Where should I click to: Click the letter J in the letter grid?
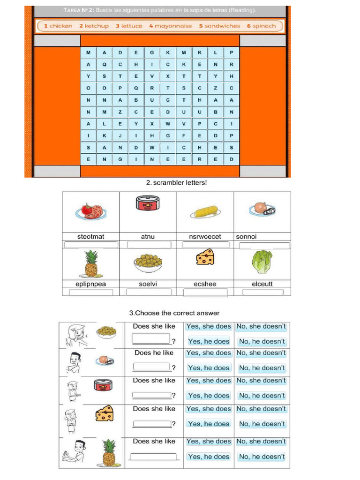tap(120, 135)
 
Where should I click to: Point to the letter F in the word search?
tap(184, 135)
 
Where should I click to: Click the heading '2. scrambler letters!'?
tap(176, 183)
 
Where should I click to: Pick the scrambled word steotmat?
tap(91, 237)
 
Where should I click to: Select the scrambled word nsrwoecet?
tap(205, 237)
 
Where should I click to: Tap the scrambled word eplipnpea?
tap(91, 284)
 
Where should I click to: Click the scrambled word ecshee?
tap(205, 284)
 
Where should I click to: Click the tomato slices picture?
tap(91, 212)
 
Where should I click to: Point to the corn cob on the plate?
tap(205, 212)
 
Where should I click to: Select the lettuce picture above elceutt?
tap(262, 262)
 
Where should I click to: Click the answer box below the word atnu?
tap(148, 245)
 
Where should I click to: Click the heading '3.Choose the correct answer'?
tap(174, 313)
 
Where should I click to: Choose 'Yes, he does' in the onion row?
tap(209, 368)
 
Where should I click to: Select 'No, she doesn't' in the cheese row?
tap(261, 409)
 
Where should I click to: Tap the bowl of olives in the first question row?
tap(106, 332)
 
